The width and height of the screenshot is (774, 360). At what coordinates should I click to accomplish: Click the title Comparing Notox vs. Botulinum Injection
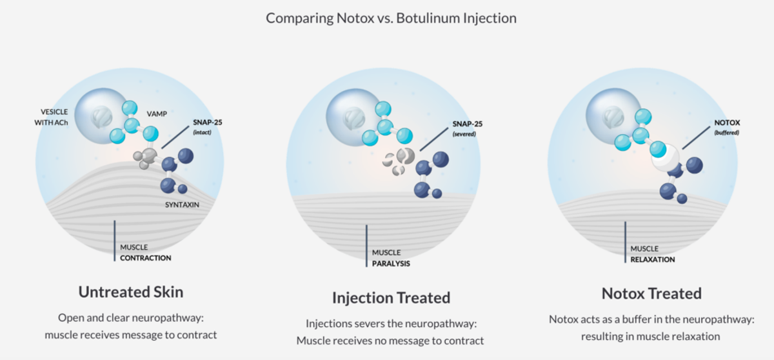click(x=391, y=17)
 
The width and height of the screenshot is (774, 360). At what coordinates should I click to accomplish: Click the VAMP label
click(x=157, y=113)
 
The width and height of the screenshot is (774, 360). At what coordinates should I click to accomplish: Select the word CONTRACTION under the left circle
click(x=146, y=258)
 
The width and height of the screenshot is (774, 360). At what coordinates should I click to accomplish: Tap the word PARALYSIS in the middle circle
click(x=391, y=263)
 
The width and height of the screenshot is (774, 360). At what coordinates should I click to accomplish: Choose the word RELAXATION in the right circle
click(x=653, y=259)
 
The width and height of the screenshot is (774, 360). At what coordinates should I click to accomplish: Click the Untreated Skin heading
click(x=131, y=292)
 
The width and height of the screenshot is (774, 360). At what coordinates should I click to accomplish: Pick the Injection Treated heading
click(x=391, y=297)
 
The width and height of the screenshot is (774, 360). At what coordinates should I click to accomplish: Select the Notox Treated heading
click(x=651, y=293)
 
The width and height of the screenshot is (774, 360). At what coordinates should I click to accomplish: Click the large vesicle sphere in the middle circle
click(x=354, y=116)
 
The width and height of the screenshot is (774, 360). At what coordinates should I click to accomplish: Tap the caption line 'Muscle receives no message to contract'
click(x=390, y=340)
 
